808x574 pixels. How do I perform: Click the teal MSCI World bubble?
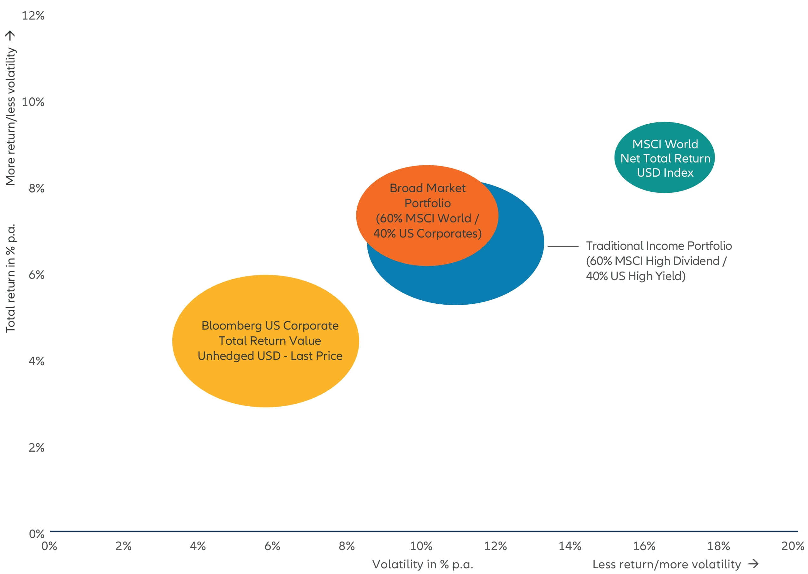click(664, 157)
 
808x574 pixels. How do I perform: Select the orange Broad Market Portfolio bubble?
click(427, 215)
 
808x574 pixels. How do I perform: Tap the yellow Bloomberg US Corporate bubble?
click(265, 341)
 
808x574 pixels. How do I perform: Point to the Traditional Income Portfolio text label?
click(658, 261)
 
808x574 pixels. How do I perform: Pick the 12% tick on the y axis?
click(33, 15)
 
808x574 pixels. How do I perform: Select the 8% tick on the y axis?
click(36, 188)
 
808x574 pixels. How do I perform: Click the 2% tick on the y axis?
click(36, 448)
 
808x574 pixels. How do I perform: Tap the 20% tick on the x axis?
click(793, 546)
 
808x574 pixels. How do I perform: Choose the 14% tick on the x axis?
click(569, 546)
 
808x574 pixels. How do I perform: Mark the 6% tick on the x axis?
click(272, 546)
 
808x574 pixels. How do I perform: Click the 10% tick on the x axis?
click(421, 546)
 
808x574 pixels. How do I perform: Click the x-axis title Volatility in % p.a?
click(422, 564)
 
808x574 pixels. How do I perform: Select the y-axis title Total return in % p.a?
click(11, 278)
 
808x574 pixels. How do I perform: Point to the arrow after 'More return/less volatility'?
click(10, 35)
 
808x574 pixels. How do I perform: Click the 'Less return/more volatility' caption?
click(666, 564)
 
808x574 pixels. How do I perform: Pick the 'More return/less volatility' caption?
click(11, 116)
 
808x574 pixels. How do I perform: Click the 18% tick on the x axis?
click(718, 546)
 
